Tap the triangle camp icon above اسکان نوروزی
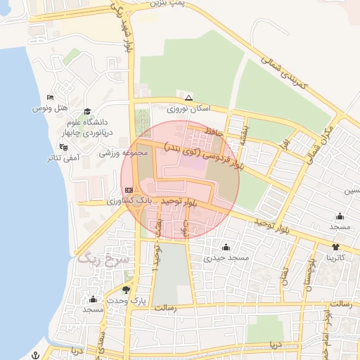pyautogui.click(x=188, y=98)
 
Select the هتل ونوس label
pyautogui.click(x=51, y=108)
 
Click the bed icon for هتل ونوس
pyautogui.click(x=50, y=97)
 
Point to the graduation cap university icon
pyautogui.click(x=87, y=111)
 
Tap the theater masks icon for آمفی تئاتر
pyautogui.click(x=64, y=148)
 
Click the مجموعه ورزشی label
pyautogui.click(x=123, y=153)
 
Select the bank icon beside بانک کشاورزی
pyautogui.click(x=129, y=190)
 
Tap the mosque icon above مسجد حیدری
pyautogui.click(x=226, y=247)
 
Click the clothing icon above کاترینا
pyautogui.click(x=335, y=247)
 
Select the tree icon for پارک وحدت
pyautogui.click(x=126, y=289)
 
